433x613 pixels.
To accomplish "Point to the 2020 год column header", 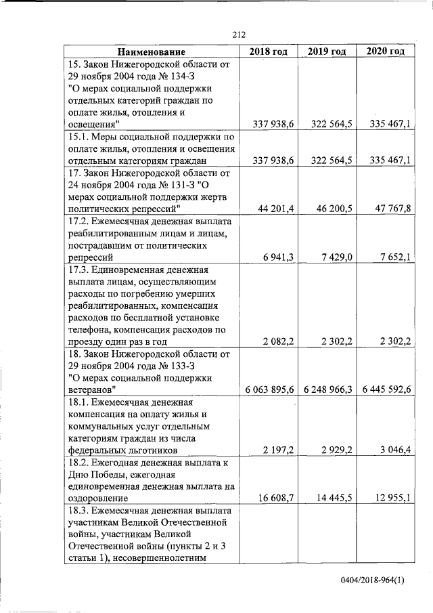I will click(386, 51).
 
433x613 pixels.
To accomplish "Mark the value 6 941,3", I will click(277, 257).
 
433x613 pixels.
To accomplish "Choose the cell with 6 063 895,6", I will click(269, 390).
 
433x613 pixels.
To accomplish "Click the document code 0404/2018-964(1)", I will click(373, 580).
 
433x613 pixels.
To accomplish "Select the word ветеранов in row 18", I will click(92, 389).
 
